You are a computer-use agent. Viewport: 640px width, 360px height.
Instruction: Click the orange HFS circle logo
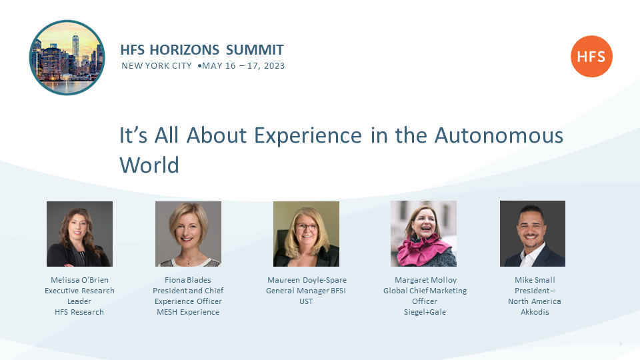(x=591, y=56)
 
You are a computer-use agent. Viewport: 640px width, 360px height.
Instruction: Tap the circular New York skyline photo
(x=67, y=57)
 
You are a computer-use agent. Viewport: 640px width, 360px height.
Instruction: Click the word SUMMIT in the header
(x=255, y=50)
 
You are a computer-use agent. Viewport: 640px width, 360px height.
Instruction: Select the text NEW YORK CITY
(x=156, y=66)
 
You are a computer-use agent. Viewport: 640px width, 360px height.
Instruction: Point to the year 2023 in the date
(x=274, y=66)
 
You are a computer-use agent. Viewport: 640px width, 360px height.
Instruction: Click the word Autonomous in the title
(x=499, y=135)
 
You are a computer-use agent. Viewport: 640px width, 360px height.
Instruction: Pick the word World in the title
(x=149, y=165)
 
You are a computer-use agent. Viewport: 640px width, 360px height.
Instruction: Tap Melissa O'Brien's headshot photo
(x=79, y=234)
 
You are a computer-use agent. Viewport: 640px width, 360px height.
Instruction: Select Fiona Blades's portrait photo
(x=188, y=234)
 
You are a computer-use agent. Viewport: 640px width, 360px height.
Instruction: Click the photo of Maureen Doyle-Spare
(x=306, y=234)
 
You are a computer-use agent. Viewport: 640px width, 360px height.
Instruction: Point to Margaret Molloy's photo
(x=424, y=233)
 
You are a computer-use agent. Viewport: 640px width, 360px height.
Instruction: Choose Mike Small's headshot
(x=533, y=233)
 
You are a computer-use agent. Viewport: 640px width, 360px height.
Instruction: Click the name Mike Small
(x=535, y=280)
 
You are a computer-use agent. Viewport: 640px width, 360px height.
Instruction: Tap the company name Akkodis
(x=535, y=312)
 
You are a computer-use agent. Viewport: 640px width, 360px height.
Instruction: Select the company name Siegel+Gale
(x=425, y=312)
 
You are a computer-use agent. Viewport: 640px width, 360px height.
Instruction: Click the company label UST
(x=306, y=301)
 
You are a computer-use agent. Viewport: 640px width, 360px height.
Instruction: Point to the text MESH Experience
(x=188, y=312)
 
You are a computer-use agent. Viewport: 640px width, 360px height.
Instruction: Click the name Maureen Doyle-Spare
(x=307, y=280)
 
